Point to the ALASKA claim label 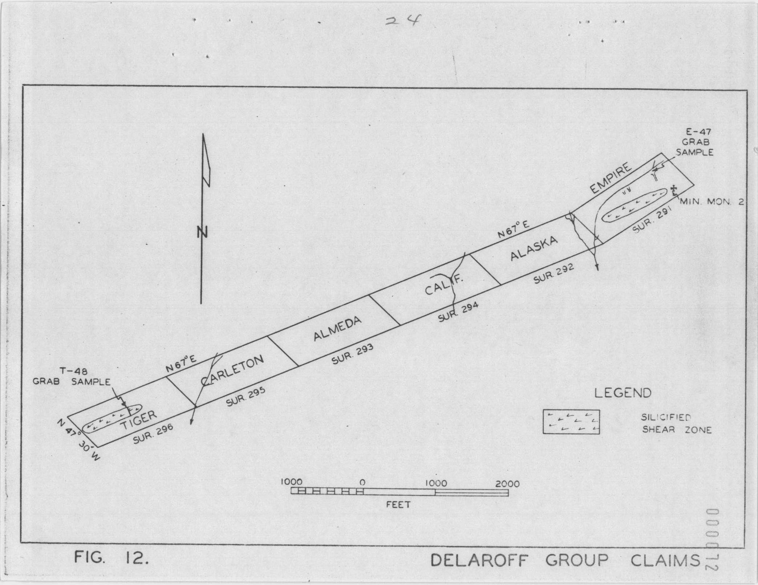[534, 249]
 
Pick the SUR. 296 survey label [153, 434]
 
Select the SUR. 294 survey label [458, 312]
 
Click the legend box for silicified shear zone [571, 422]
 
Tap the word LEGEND [623, 393]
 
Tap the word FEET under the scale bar [398, 505]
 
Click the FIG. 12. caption [112, 568]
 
